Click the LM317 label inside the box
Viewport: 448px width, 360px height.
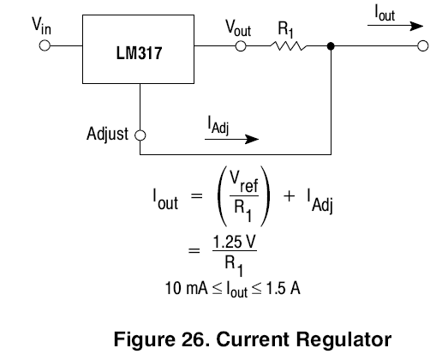(139, 53)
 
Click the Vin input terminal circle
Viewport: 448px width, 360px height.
(45, 45)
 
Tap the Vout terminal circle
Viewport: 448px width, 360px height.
(241, 46)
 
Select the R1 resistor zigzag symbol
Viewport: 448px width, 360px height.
(289, 45)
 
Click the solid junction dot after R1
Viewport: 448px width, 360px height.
(331, 45)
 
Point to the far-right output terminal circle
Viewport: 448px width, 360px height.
(423, 45)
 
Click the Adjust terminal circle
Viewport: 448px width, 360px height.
(140, 135)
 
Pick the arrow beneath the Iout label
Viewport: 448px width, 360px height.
(395, 26)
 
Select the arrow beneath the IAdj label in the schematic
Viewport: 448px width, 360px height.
(232, 139)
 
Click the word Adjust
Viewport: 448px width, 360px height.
(107, 134)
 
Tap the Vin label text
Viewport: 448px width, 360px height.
(41, 26)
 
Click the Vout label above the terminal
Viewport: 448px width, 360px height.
(238, 28)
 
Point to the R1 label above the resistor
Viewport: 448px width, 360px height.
(286, 29)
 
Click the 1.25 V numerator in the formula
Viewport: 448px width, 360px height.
(235, 242)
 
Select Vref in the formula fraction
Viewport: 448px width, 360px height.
(244, 183)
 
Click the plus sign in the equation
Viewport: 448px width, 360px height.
(289, 196)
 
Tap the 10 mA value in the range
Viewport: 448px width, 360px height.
(186, 288)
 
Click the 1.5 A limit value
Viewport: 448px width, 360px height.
(284, 288)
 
